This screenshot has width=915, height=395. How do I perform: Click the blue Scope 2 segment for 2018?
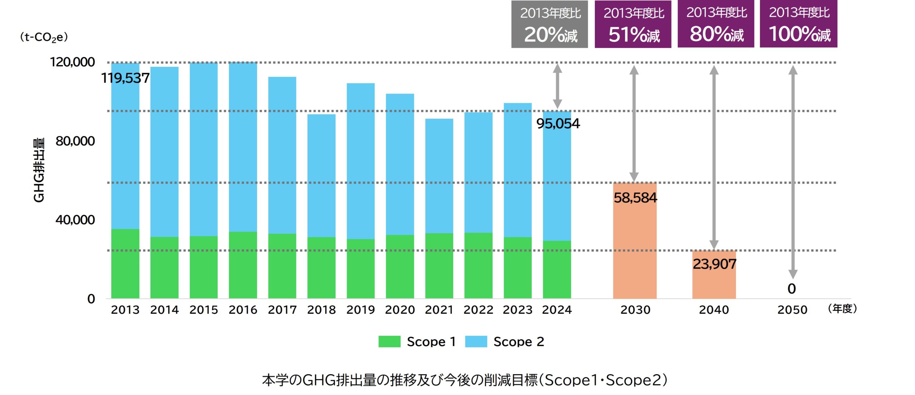(321, 175)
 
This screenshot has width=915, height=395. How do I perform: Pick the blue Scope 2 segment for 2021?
(439, 176)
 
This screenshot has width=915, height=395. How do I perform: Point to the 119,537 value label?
(125, 78)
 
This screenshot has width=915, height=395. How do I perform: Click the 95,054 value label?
(558, 123)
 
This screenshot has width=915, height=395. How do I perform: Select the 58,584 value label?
(635, 197)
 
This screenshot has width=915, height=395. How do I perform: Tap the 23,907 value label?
(714, 264)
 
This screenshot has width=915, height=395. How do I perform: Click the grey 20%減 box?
(549, 24)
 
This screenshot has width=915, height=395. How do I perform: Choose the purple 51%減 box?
(633, 24)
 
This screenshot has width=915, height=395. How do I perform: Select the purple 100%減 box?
(798, 24)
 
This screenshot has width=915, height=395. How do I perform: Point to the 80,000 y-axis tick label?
(75, 141)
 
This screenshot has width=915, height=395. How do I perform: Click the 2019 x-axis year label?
(360, 309)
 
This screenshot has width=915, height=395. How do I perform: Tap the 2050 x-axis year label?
(792, 309)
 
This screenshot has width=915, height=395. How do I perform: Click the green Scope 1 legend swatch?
(389, 341)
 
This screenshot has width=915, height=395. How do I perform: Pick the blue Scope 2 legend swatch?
(476, 341)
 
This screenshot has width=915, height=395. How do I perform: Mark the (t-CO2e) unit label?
(44, 37)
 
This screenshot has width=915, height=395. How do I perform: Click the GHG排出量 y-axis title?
(39, 170)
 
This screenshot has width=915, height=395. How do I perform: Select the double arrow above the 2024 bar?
(557, 86)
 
